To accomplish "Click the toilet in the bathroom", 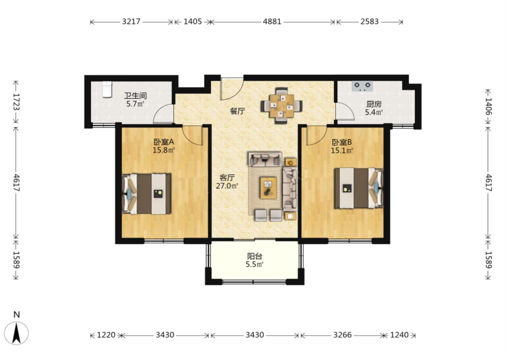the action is point(107,89).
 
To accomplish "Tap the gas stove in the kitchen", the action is point(362,86).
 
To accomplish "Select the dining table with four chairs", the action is point(281,105).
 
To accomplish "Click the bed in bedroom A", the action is point(146,194).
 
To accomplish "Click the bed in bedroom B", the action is point(359,188).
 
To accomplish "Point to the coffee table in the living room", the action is point(268,188).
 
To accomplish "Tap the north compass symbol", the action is point(17,330).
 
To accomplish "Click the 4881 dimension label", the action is point(272,21).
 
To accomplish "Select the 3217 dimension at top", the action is point(131,21).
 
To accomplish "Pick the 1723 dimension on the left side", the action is point(16,102).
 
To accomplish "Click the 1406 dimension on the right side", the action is point(488,107).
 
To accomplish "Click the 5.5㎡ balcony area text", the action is point(254,264).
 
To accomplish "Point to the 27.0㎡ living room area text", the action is point(227,186).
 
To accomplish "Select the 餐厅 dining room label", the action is point(238,111).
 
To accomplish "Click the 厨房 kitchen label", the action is point(374,104).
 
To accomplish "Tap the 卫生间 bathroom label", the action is point(135,96).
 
